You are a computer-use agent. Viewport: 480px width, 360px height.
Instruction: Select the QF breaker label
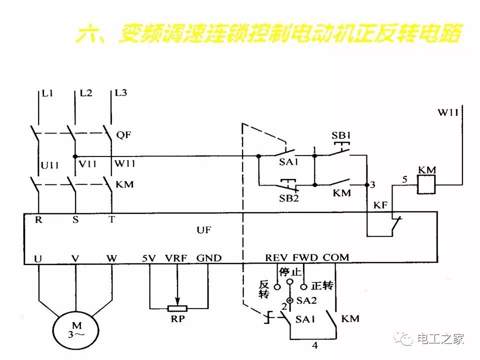point(122,135)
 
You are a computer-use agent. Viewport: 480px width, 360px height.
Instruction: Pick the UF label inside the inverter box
point(203,230)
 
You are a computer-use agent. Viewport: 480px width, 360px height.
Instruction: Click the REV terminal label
point(276,258)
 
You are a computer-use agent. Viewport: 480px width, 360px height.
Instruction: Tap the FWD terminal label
point(304,258)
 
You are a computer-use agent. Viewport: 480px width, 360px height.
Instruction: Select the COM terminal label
point(336,258)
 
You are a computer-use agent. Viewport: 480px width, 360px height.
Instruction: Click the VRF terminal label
point(176,258)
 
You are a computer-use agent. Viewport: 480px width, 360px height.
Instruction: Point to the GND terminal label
point(208,258)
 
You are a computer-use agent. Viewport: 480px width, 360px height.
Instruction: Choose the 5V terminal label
point(149,258)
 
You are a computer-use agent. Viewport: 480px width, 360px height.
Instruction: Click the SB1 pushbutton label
point(341,135)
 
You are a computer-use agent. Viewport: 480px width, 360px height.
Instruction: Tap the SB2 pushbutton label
point(288,198)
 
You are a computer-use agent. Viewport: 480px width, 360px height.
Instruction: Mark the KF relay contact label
point(380,205)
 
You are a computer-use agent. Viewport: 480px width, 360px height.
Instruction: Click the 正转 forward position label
point(321,286)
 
